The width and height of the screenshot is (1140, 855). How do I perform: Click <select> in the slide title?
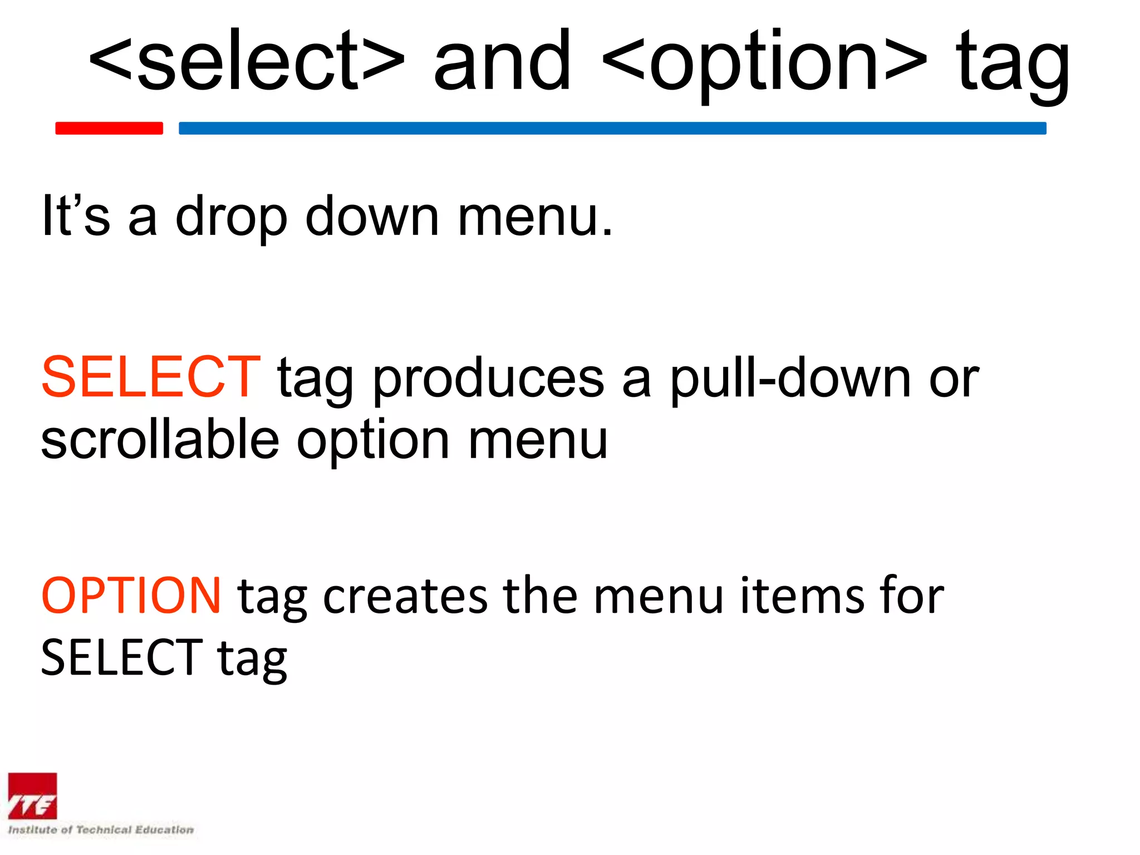(247, 61)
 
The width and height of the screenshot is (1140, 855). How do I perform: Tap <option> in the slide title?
(764, 61)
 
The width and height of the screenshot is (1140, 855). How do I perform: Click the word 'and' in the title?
(502, 61)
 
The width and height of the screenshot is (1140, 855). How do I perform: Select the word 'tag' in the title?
(1013, 64)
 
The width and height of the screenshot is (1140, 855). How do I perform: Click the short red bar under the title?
(109, 128)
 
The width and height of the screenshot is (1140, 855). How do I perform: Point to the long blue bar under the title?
(612, 128)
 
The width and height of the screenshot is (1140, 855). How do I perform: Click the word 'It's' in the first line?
(76, 216)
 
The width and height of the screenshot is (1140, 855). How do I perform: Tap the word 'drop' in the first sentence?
(231, 218)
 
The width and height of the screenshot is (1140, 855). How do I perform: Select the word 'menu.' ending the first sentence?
(535, 217)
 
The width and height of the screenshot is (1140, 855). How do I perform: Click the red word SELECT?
(150, 377)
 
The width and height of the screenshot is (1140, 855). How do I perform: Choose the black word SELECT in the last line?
(121, 658)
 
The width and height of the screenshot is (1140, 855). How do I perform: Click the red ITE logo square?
(32, 797)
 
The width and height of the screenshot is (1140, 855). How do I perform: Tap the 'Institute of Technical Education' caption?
(101, 830)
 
